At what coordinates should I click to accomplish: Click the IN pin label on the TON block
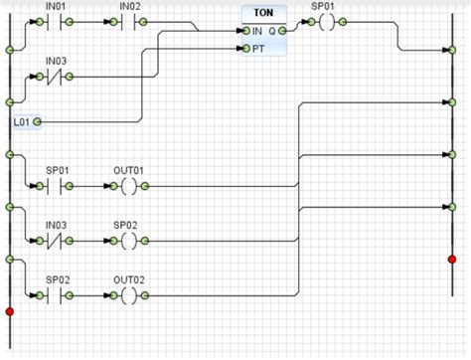[257, 31]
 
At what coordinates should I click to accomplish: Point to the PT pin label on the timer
[257, 47]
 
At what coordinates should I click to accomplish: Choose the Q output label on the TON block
[271, 31]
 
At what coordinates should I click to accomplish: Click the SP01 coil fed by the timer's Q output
[322, 30]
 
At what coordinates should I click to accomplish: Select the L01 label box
[22, 121]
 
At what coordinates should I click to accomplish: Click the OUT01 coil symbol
[128, 186]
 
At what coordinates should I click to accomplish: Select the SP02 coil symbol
[128, 241]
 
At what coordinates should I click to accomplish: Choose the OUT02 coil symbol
[128, 295]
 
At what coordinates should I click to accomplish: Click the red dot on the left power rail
[10, 312]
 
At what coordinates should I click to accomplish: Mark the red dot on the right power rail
[452, 259]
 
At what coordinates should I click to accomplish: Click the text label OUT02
[128, 279]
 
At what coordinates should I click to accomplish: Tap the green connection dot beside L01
[38, 121]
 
